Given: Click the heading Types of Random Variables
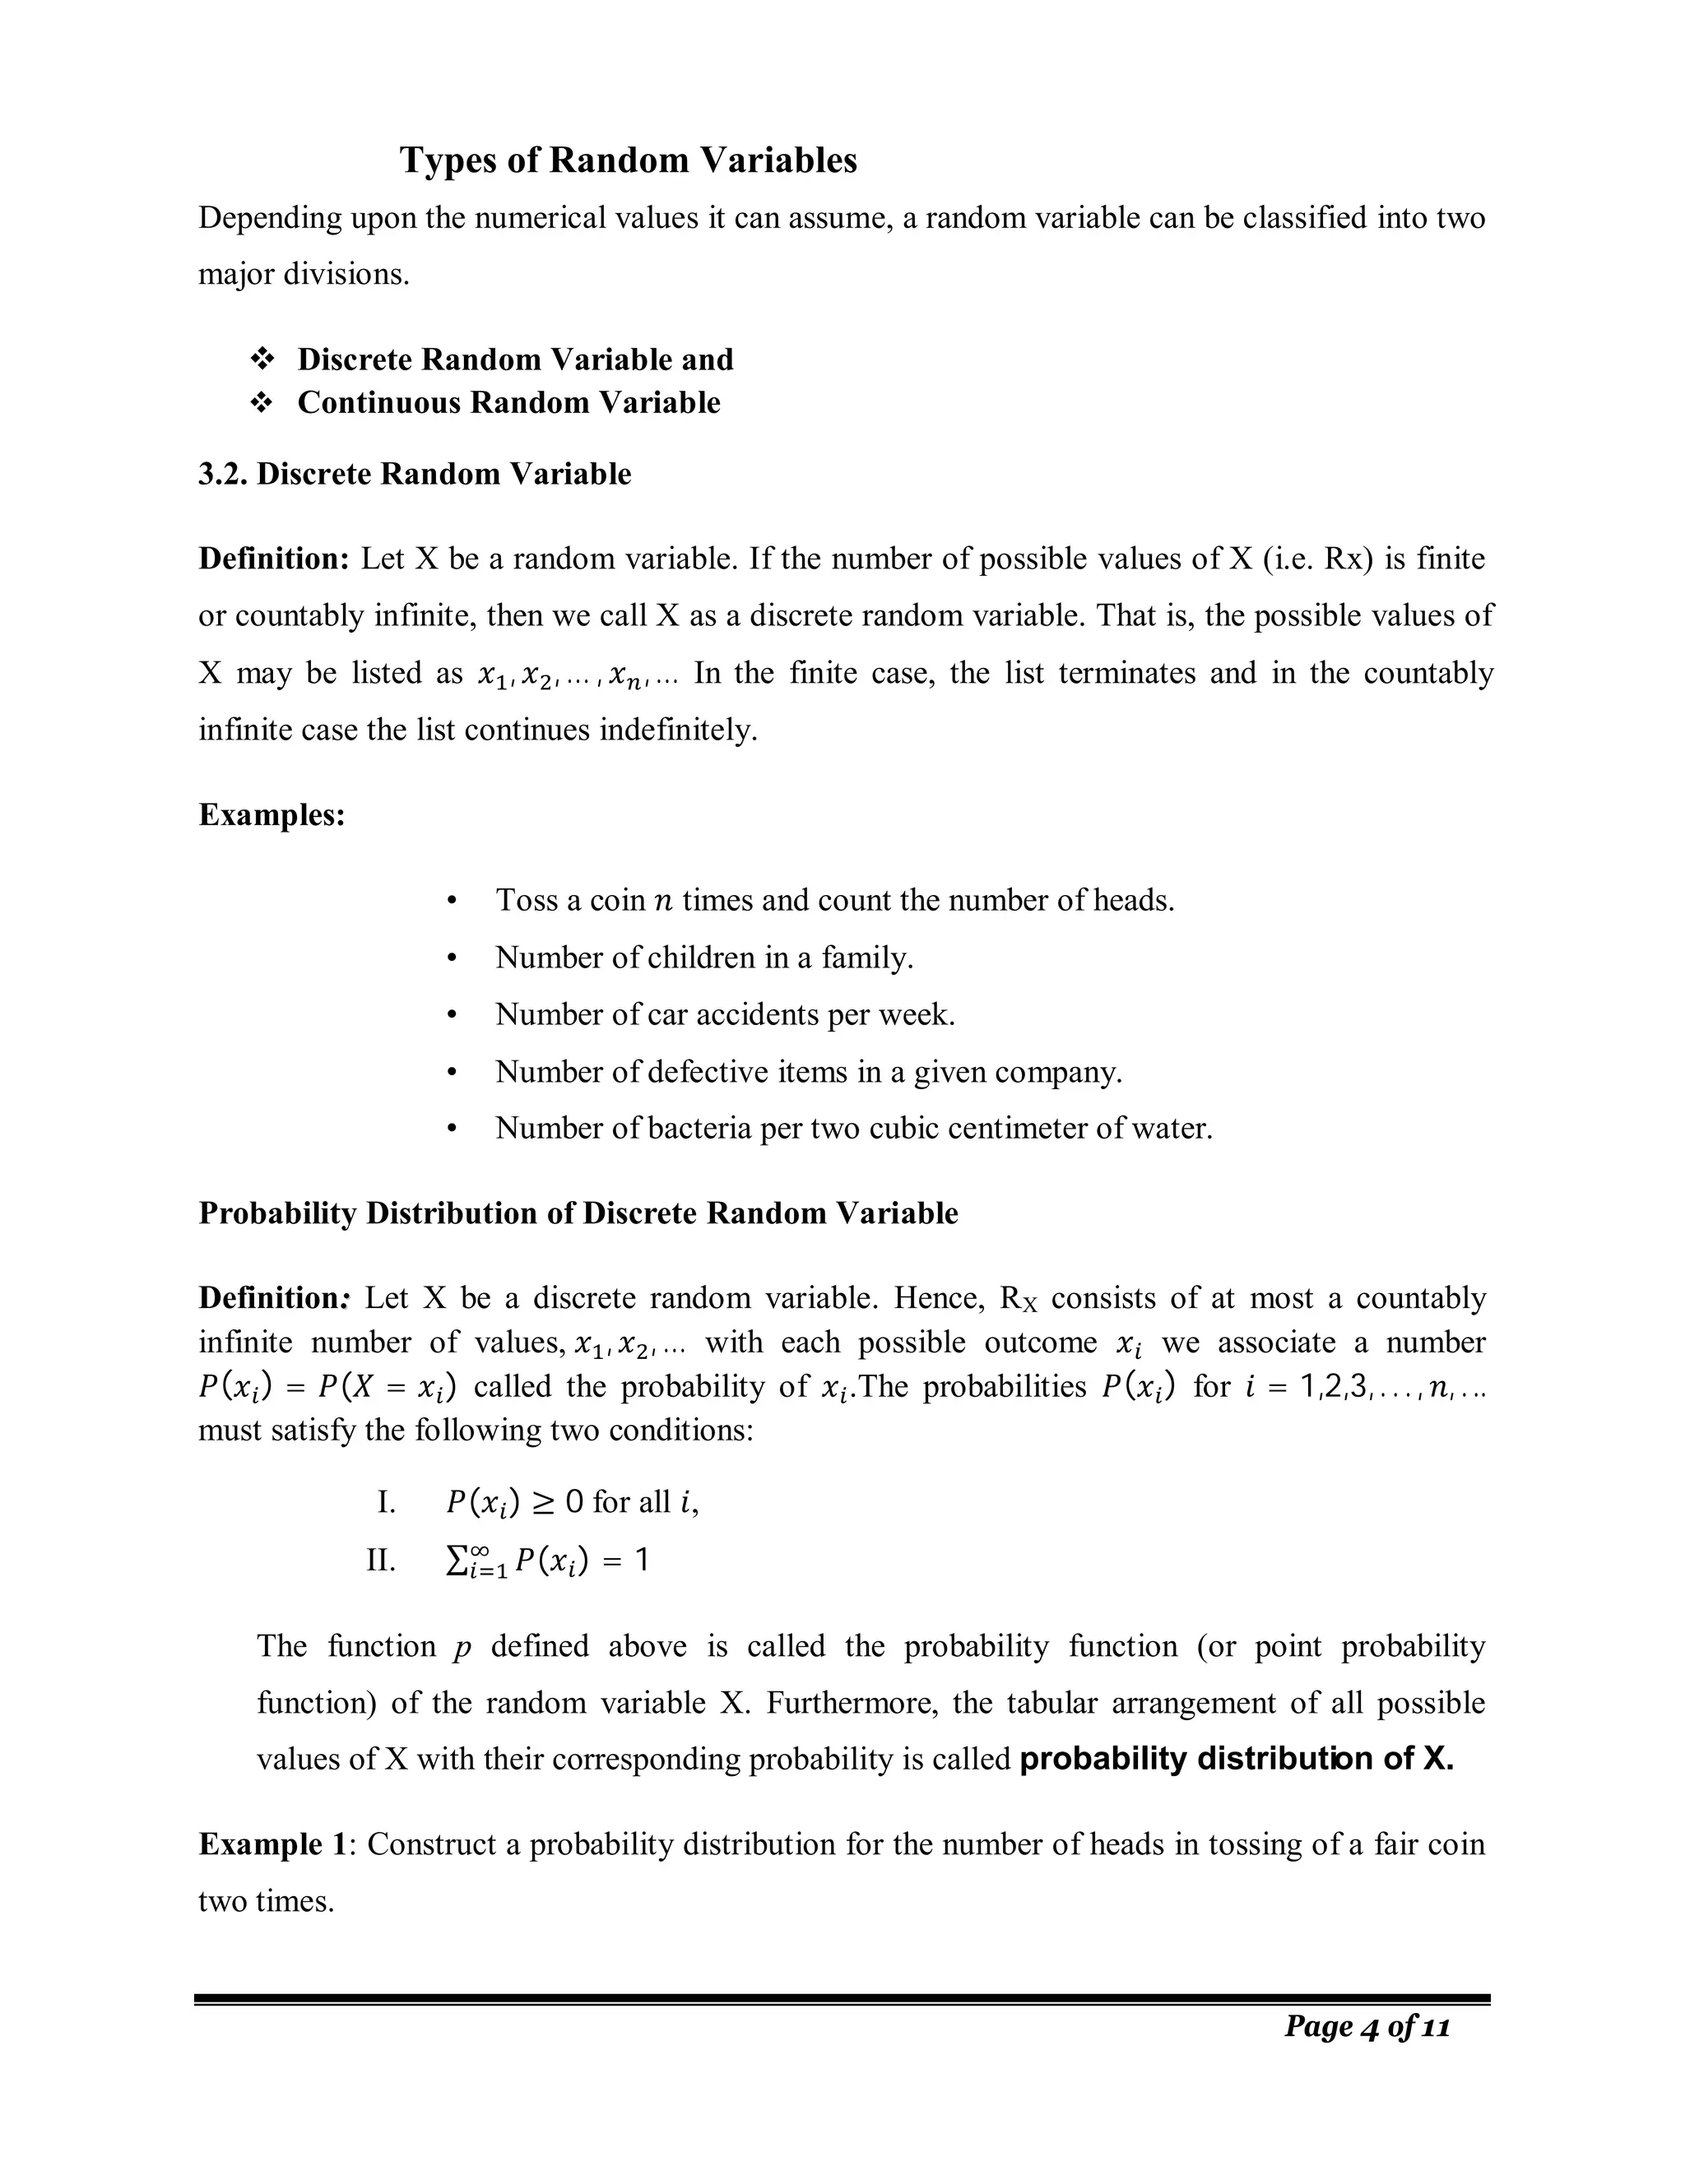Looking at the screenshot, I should [628, 160].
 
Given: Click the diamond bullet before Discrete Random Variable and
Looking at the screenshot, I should [262, 359].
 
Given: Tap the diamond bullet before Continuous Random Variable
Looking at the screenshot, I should [262, 403].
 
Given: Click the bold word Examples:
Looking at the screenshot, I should [272, 815].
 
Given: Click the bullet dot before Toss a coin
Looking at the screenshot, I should [453, 902].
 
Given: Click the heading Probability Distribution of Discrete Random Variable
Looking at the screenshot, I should [578, 1213].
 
